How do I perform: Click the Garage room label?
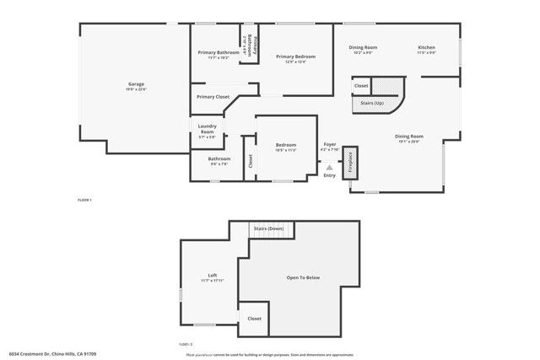coord(136,83)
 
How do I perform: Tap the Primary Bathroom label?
coord(219,53)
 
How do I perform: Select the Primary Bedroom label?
coord(295,56)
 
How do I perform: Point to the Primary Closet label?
coord(213,97)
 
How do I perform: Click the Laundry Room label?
coord(207,129)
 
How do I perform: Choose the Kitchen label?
coord(426,47)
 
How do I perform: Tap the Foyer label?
coord(330,144)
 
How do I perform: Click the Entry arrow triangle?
coord(330,167)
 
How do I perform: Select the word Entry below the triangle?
coord(330,175)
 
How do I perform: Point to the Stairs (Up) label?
coord(372,103)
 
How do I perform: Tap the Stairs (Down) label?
coord(268,229)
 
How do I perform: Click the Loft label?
coord(213,276)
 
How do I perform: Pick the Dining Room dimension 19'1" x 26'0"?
coord(409,142)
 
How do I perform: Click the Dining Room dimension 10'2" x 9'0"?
coord(363,53)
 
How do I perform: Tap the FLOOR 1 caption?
coord(84,200)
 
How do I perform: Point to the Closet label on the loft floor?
coord(254,319)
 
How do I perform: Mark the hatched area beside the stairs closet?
coord(388,85)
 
